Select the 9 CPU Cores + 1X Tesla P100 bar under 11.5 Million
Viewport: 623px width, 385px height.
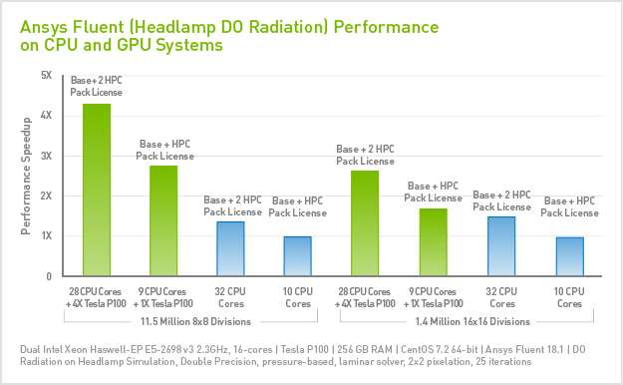[x=163, y=220]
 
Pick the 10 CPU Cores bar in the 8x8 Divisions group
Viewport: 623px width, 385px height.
[x=298, y=256]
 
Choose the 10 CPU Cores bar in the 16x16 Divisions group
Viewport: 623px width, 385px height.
[x=569, y=256]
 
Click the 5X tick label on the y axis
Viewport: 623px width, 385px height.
[x=46, y=75]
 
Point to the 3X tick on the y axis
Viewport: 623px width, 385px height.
[x=46, y=156]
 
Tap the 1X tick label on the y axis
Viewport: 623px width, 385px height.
[x=46, y=236]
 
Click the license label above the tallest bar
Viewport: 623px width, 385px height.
[x=96, y=85]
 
